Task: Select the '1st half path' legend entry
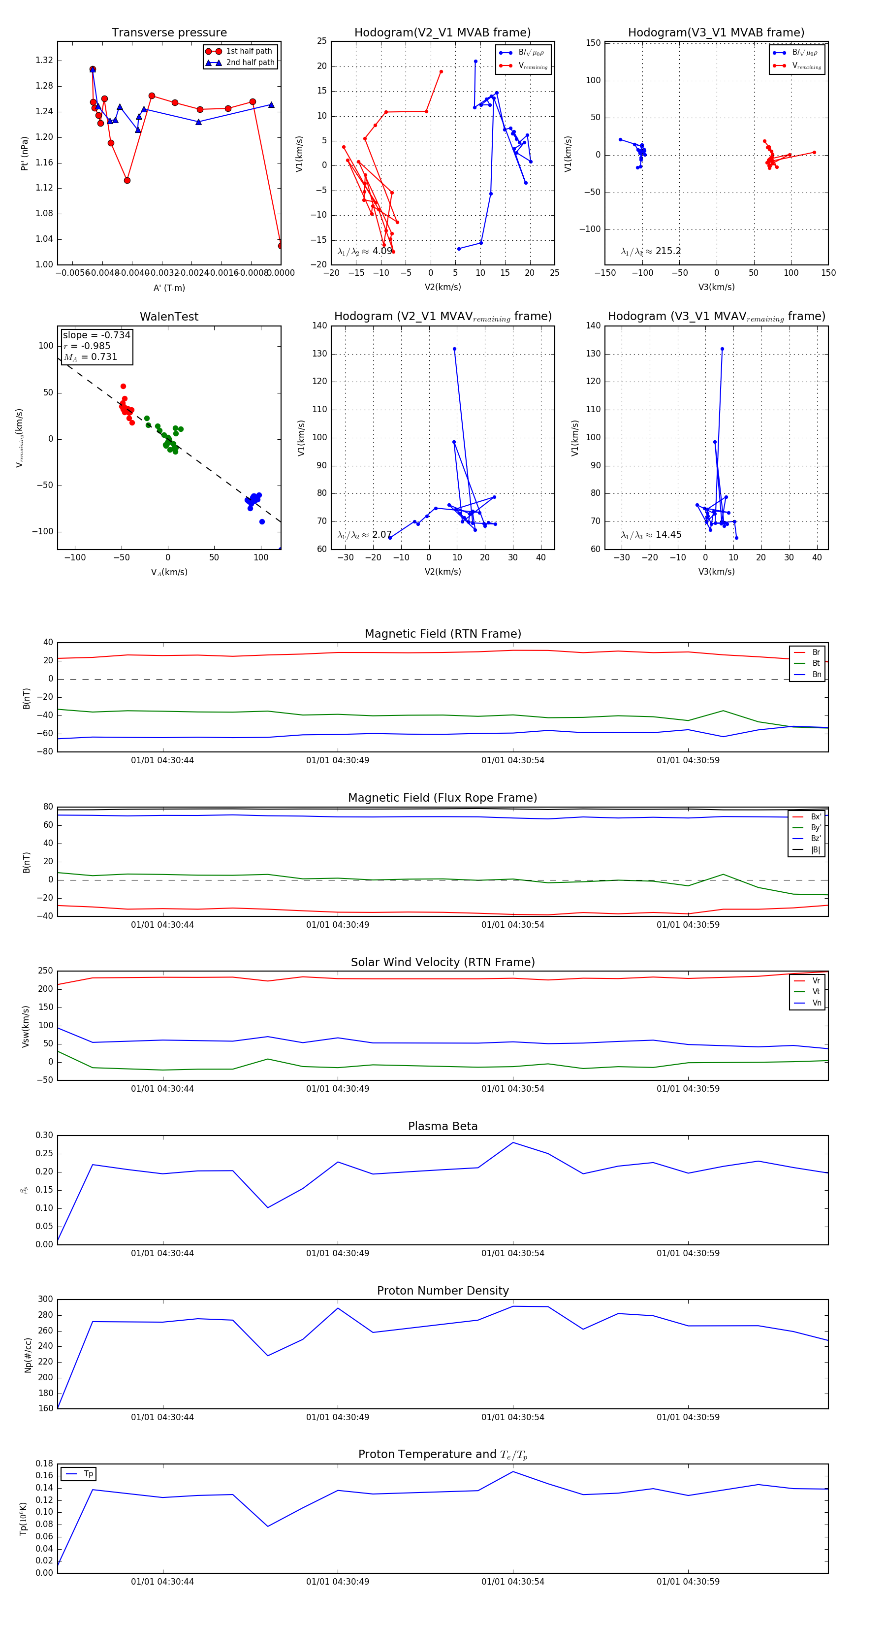coord(249,51)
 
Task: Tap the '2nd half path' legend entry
coord(250,63)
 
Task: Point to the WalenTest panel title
coord(169,317)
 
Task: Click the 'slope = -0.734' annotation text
coord(96,335)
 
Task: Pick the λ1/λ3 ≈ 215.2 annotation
coord(651,251)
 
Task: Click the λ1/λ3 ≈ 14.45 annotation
coord(651,535)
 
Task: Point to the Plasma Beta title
coord(443,1127)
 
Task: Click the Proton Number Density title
coord(443,1291)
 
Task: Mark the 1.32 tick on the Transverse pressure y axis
coord(44,61)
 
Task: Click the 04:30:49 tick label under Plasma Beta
coord(337,1253)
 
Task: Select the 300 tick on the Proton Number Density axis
coord(45,1300)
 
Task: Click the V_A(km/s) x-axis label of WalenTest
coord(169,572)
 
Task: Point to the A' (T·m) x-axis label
coord(169,288)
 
